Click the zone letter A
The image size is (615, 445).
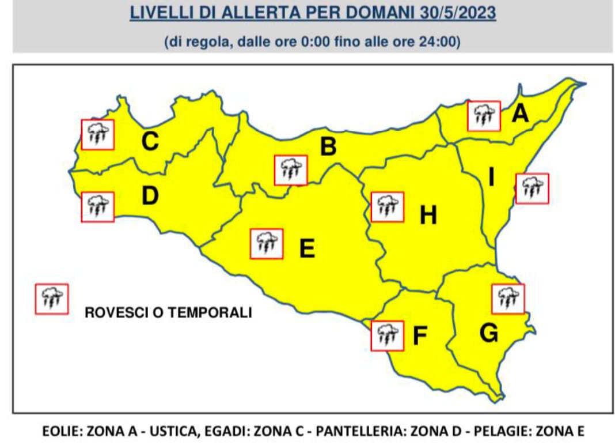click(x=520, y=114)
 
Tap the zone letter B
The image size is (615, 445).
click(x=328, y=146)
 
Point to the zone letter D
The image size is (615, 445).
click(x=150, y=196)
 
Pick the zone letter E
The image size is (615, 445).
click(x=307, y=248)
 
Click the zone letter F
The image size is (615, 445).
click(x=420, y=336)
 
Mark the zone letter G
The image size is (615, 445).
click(x=489, y=333)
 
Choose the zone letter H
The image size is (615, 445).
click(x=428, y=216)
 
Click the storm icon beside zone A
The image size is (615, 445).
click(x=484, y=116)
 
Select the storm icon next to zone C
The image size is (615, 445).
click(x=98, y=134)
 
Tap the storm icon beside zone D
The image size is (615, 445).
click(x=98, y=207)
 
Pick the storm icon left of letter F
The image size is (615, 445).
click(x=387, y=335)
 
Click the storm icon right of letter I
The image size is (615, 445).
click(x=532, y=188)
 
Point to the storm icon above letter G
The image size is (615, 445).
click(x=508, y=299)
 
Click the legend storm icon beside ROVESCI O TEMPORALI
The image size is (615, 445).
click(x=52, y=299)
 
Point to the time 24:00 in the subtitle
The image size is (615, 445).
click(x=442, y=43)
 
